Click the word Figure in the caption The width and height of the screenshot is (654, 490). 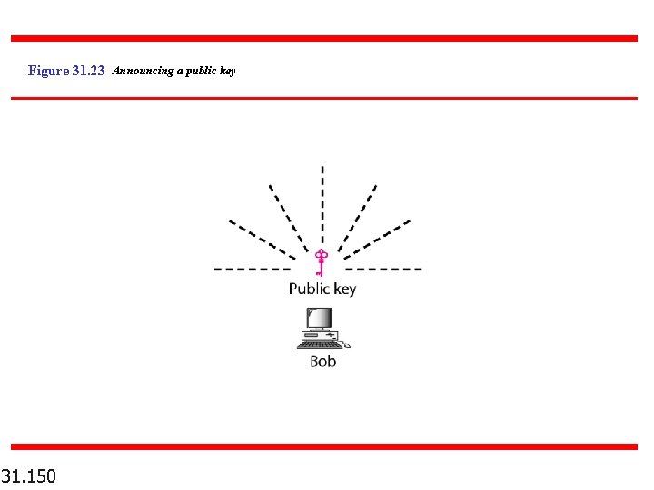pos(48,71)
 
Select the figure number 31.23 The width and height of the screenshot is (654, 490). pos(89,71)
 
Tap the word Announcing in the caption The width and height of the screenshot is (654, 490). pos(142,71)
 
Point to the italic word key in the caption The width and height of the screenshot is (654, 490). pos(227,71)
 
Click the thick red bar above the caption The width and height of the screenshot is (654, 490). pos(324,39)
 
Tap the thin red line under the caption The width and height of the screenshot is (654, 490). pos(324,98)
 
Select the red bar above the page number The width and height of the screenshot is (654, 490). pos(324,446)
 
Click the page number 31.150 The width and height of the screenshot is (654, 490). pos(29,475)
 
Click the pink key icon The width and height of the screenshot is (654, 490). pos(320,261)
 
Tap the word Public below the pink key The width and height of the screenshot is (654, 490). pos(309,289)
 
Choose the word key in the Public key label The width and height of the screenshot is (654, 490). pos(345,289)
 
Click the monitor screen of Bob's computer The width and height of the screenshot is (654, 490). pos(319,318)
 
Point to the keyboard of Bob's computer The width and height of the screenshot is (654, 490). pos(320,345)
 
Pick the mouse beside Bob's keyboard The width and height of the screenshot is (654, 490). pos(346,345)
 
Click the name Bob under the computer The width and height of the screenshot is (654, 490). pos(322,361)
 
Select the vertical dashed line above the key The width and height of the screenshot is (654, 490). pos(322,204)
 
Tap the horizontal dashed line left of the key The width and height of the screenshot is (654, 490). pos(252,269)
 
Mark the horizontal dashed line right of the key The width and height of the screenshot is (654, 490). pos(384,269)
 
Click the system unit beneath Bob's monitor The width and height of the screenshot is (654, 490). pos(320,336)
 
